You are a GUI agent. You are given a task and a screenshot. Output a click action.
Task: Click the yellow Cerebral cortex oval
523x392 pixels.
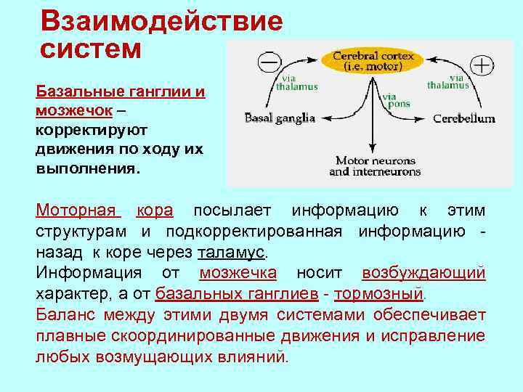[x=373, y=60]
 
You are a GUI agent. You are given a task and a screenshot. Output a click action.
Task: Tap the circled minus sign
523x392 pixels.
[x=269, y=63]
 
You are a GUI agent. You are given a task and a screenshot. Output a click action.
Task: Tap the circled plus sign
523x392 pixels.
[x=482, y=66]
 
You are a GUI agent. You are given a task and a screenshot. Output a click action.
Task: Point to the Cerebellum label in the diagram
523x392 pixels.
[x=464, y=118]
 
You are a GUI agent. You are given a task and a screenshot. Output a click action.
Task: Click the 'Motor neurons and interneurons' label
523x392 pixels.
[x=375, y=166]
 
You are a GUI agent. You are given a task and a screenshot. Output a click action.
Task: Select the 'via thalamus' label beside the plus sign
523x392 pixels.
[x=447, y=81]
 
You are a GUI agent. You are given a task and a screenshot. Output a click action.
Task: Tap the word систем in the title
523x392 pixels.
[x=90, y=49]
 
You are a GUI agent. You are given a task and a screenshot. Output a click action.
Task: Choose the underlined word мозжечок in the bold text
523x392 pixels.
[x=73, y=110]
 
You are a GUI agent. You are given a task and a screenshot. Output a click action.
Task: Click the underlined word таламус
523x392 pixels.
[x=232, y=253]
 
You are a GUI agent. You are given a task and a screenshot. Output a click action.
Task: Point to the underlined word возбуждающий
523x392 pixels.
[x=423, y=273]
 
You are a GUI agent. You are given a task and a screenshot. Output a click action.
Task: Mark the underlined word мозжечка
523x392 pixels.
[x=238, y=273]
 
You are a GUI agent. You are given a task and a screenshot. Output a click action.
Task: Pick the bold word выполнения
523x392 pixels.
[x=86, y=167]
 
